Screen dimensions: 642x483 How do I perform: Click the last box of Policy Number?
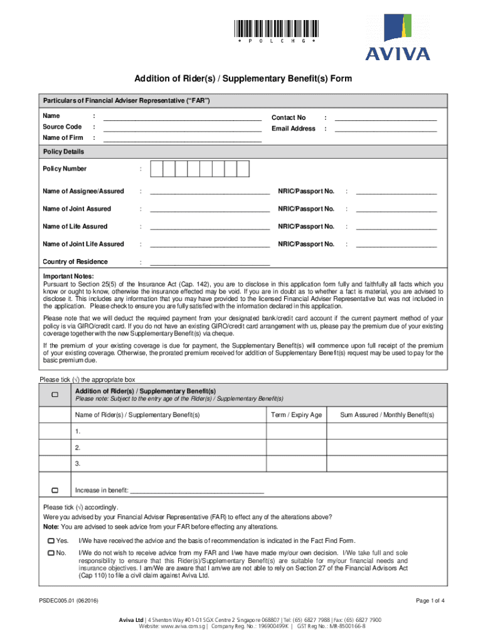tap(243, 169)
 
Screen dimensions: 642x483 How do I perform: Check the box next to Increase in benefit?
tap(55, 490)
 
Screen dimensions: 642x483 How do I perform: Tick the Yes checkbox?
tap(51, 540)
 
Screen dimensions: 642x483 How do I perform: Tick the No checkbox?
tap(51, 552)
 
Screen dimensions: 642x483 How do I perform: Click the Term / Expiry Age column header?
tap(296, 415)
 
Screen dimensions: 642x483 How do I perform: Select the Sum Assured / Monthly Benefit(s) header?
tap(386, 415)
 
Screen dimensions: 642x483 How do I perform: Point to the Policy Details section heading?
tap(63, 152)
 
